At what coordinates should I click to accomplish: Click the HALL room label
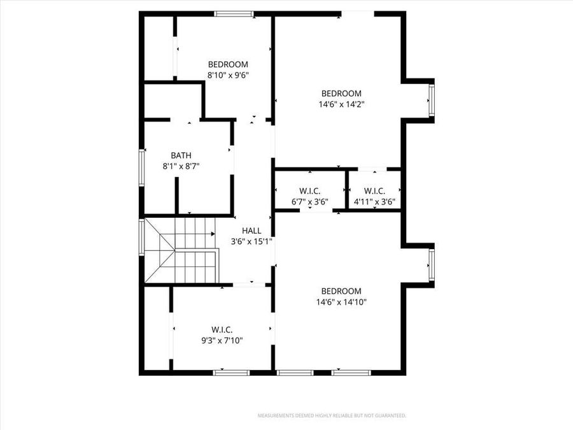pos(251,231)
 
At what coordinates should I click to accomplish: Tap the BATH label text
pos(181,155)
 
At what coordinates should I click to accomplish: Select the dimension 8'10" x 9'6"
pos(228,75)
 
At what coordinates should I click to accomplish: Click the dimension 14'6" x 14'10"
pos(341,302)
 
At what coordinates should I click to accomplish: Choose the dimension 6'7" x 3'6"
pos(309,203)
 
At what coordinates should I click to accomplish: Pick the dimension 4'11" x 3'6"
pos(374,203)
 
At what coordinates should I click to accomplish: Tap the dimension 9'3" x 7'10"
pos(222,340)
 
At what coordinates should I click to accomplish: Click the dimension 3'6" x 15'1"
pos(251,241)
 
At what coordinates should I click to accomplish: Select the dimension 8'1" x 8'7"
pos(181,166)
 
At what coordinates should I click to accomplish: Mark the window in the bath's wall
pos(142,168)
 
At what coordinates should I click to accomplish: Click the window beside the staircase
pos(142,237)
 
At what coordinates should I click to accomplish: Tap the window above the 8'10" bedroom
pos(234,13)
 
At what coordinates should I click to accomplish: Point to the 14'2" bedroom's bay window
pos(431,99)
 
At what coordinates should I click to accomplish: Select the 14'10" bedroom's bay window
pos(431,265)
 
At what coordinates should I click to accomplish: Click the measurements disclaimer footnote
pos(332,416)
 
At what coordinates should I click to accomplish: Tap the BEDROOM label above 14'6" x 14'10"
pos(341,291)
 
